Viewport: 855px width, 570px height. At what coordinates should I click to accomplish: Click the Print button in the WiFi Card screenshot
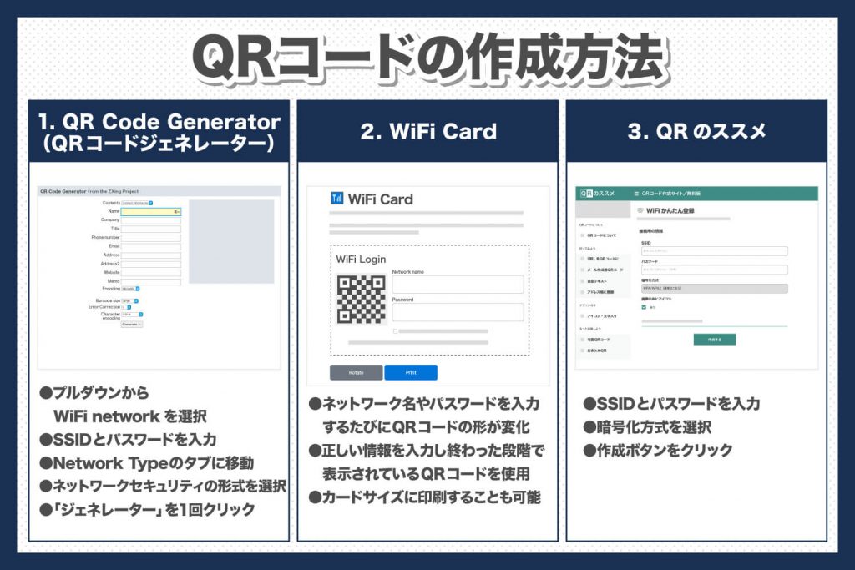point(411,372)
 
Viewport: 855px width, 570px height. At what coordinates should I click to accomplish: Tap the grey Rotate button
point(356,372)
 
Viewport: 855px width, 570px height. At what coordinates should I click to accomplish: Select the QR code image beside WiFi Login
point(362,299)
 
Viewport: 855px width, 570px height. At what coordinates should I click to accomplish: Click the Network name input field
point(458,285)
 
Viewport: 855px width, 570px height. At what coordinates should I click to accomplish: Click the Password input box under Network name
point(458,312)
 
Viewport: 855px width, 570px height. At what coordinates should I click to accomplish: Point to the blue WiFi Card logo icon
point(337,199)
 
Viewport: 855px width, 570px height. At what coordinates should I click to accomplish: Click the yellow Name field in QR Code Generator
point(151,211)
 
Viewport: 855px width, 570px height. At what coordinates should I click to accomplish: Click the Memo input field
point(151,281)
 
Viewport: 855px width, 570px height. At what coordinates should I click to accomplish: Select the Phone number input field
point(151,238)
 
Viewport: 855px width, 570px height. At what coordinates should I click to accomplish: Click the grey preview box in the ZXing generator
point(231,240)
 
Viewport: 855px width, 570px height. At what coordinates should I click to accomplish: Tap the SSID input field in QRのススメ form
point(714,250)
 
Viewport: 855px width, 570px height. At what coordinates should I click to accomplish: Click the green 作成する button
point(714,340)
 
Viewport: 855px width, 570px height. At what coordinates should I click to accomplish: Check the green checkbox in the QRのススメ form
point(644,307)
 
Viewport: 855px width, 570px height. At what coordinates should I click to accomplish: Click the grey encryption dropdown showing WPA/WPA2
point(714,289)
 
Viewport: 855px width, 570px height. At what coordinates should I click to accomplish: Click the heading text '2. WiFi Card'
point(427,131)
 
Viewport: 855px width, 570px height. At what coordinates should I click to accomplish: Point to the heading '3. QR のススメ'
point(696,131)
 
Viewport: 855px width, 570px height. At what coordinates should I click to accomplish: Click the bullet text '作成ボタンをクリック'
point(661,451)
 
